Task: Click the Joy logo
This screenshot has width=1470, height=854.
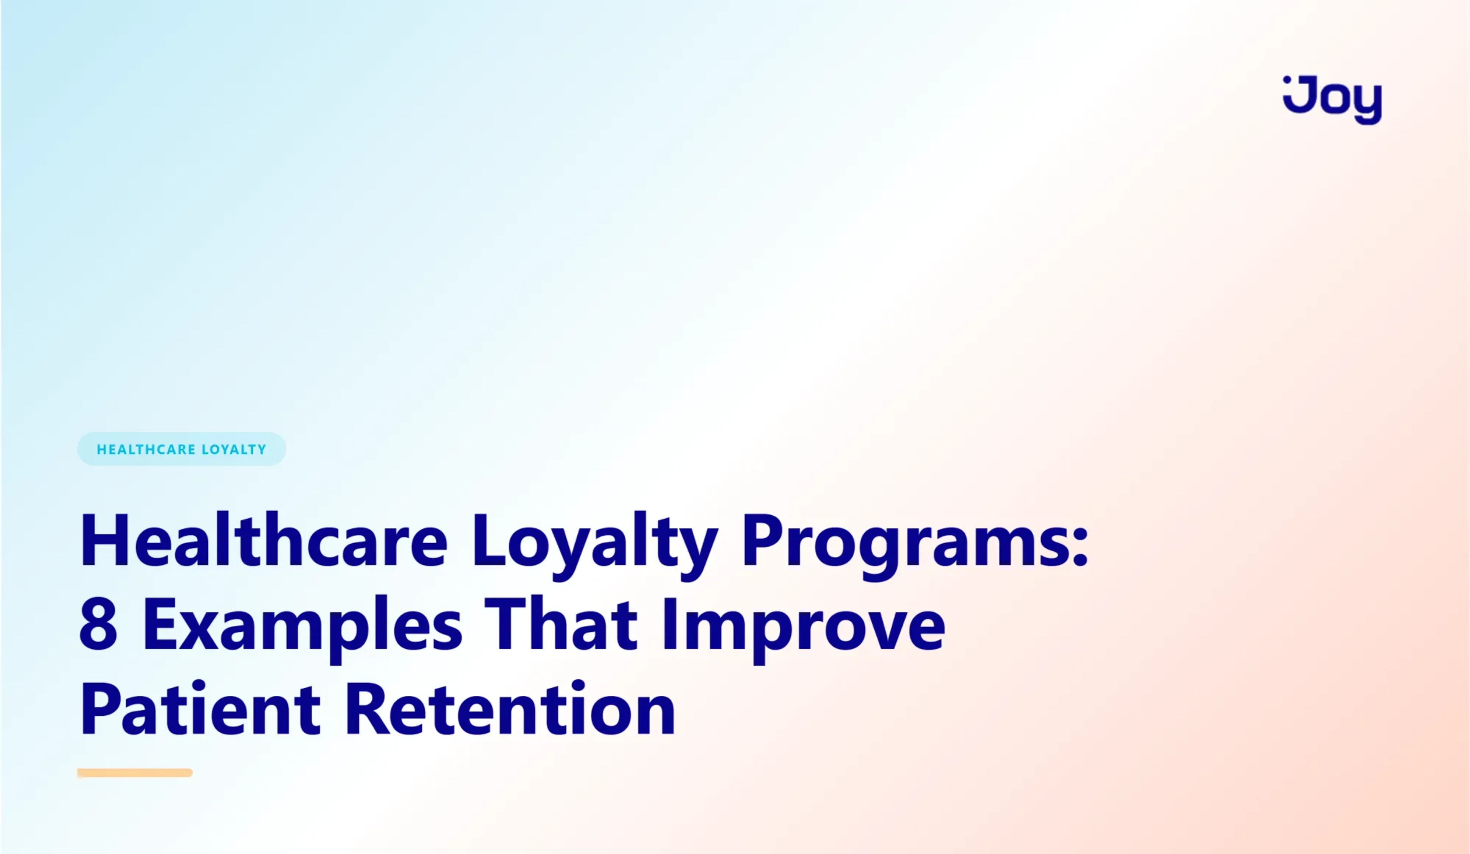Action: coord(1332,100)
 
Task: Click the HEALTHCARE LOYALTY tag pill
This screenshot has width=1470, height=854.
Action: coord(181,449)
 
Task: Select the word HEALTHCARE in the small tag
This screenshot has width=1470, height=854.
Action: coord(146,449)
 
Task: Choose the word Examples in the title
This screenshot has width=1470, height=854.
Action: coord(302,625)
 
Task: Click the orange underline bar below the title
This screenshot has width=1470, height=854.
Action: coord(135,773)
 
